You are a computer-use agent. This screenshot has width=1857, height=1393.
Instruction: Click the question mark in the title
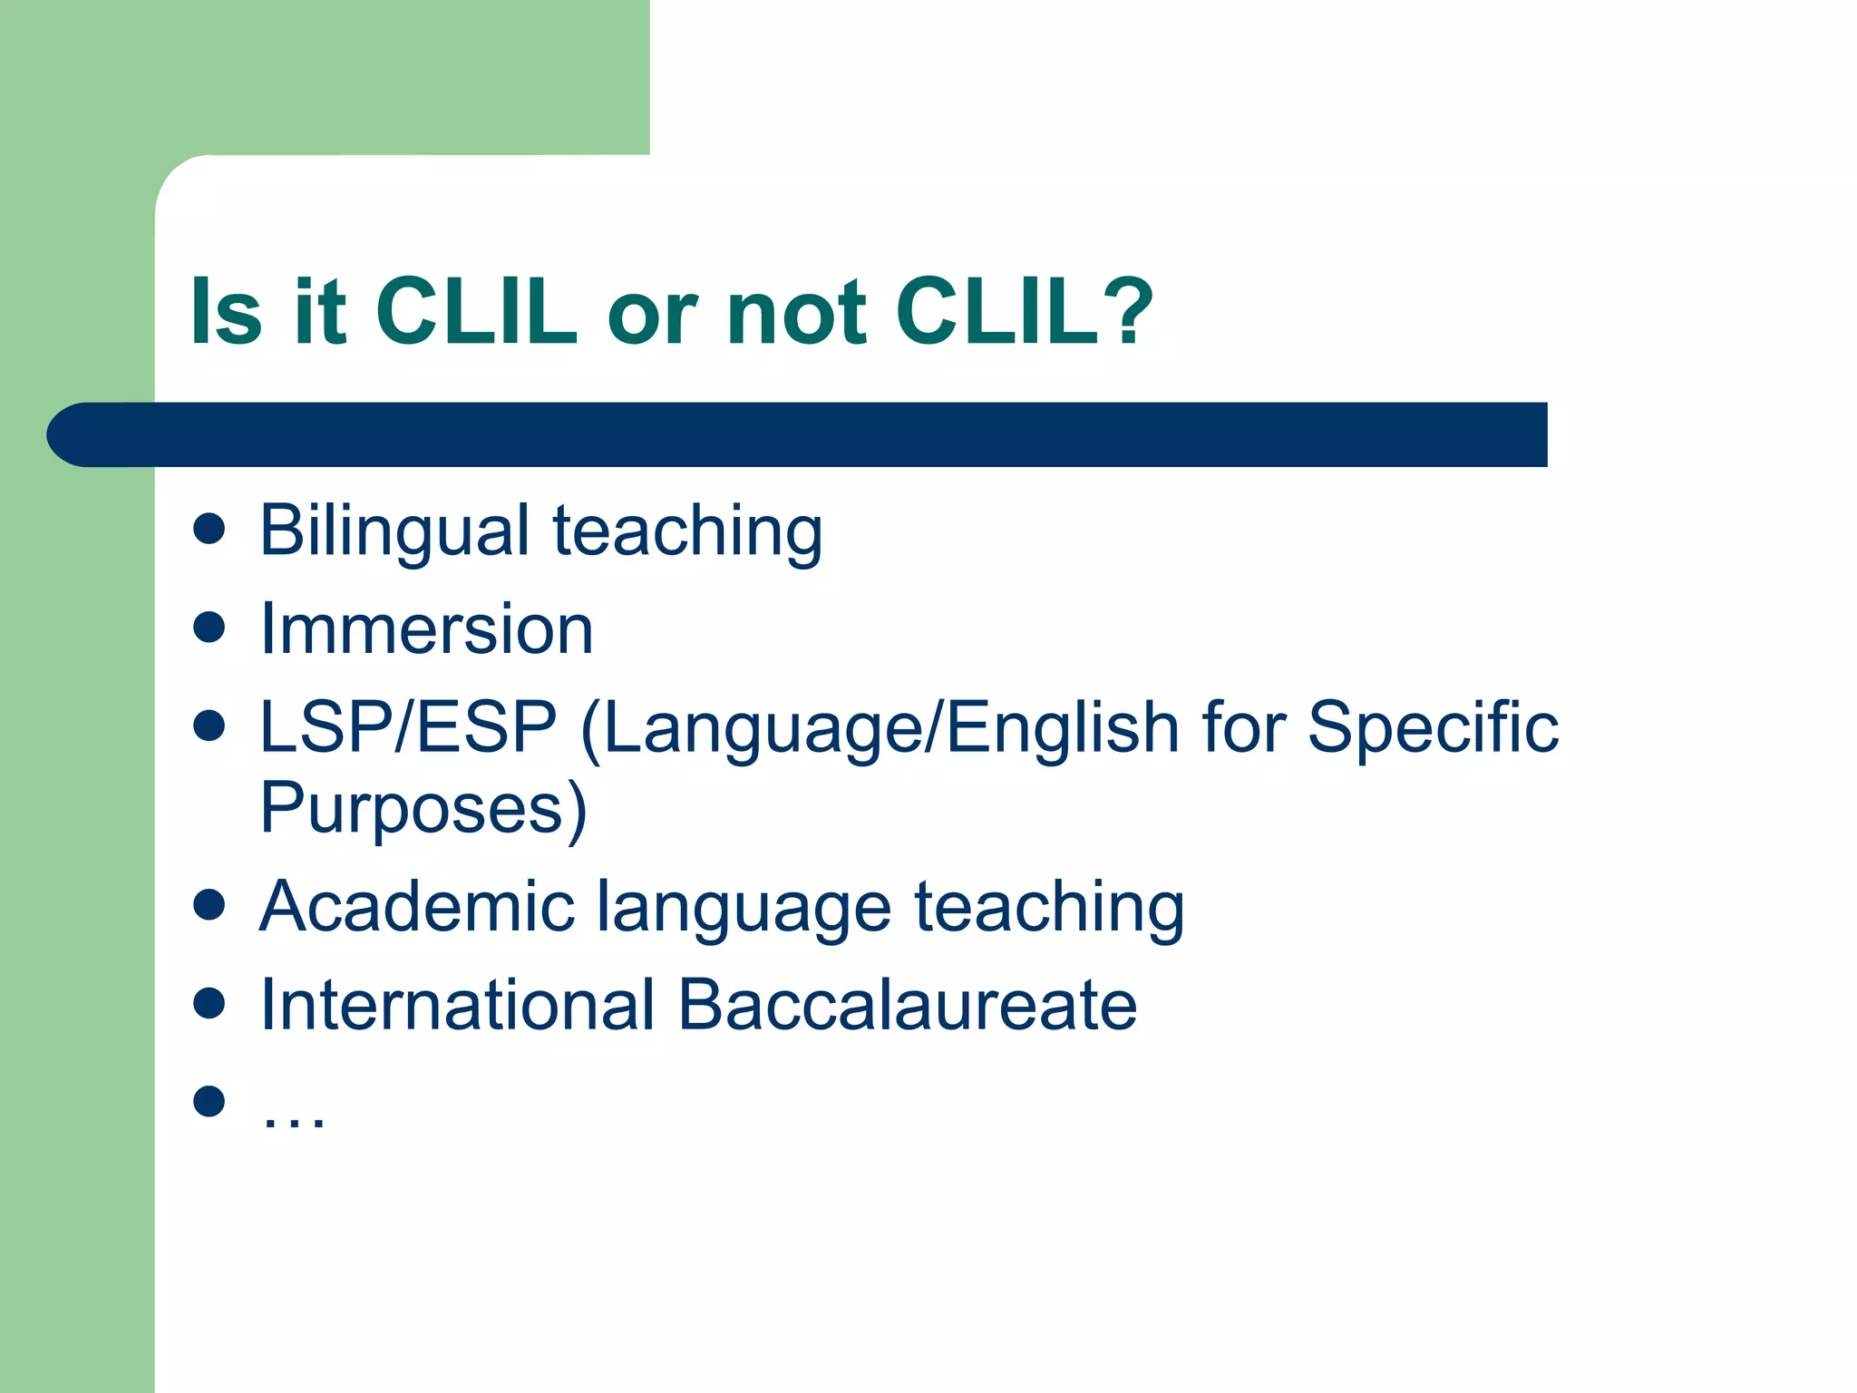pyautogui.click(x=1126, y=311)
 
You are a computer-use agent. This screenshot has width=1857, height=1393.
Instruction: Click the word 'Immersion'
pyautogui.click(x=426, y=628)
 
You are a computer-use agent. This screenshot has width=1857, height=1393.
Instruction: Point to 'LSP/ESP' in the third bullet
pyautogui.click(x=408, y=727)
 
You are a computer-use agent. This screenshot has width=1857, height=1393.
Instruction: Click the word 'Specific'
pyautogui.click(x=1433, y=729)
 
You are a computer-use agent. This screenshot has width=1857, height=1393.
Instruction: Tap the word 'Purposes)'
pyautogui.click(x=423, y=808)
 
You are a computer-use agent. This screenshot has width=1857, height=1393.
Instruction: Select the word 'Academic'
pyautogui.click(x=417, y=906)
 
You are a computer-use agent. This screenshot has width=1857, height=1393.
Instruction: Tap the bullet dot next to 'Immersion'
pyautogui.click(x=209, y=627)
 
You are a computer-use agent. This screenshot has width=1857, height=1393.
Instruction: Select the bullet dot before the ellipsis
pyautogui.click(x=209, y=1101)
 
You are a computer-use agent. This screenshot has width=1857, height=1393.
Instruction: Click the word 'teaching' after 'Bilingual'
pyautogui.click(x=688, y=531)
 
